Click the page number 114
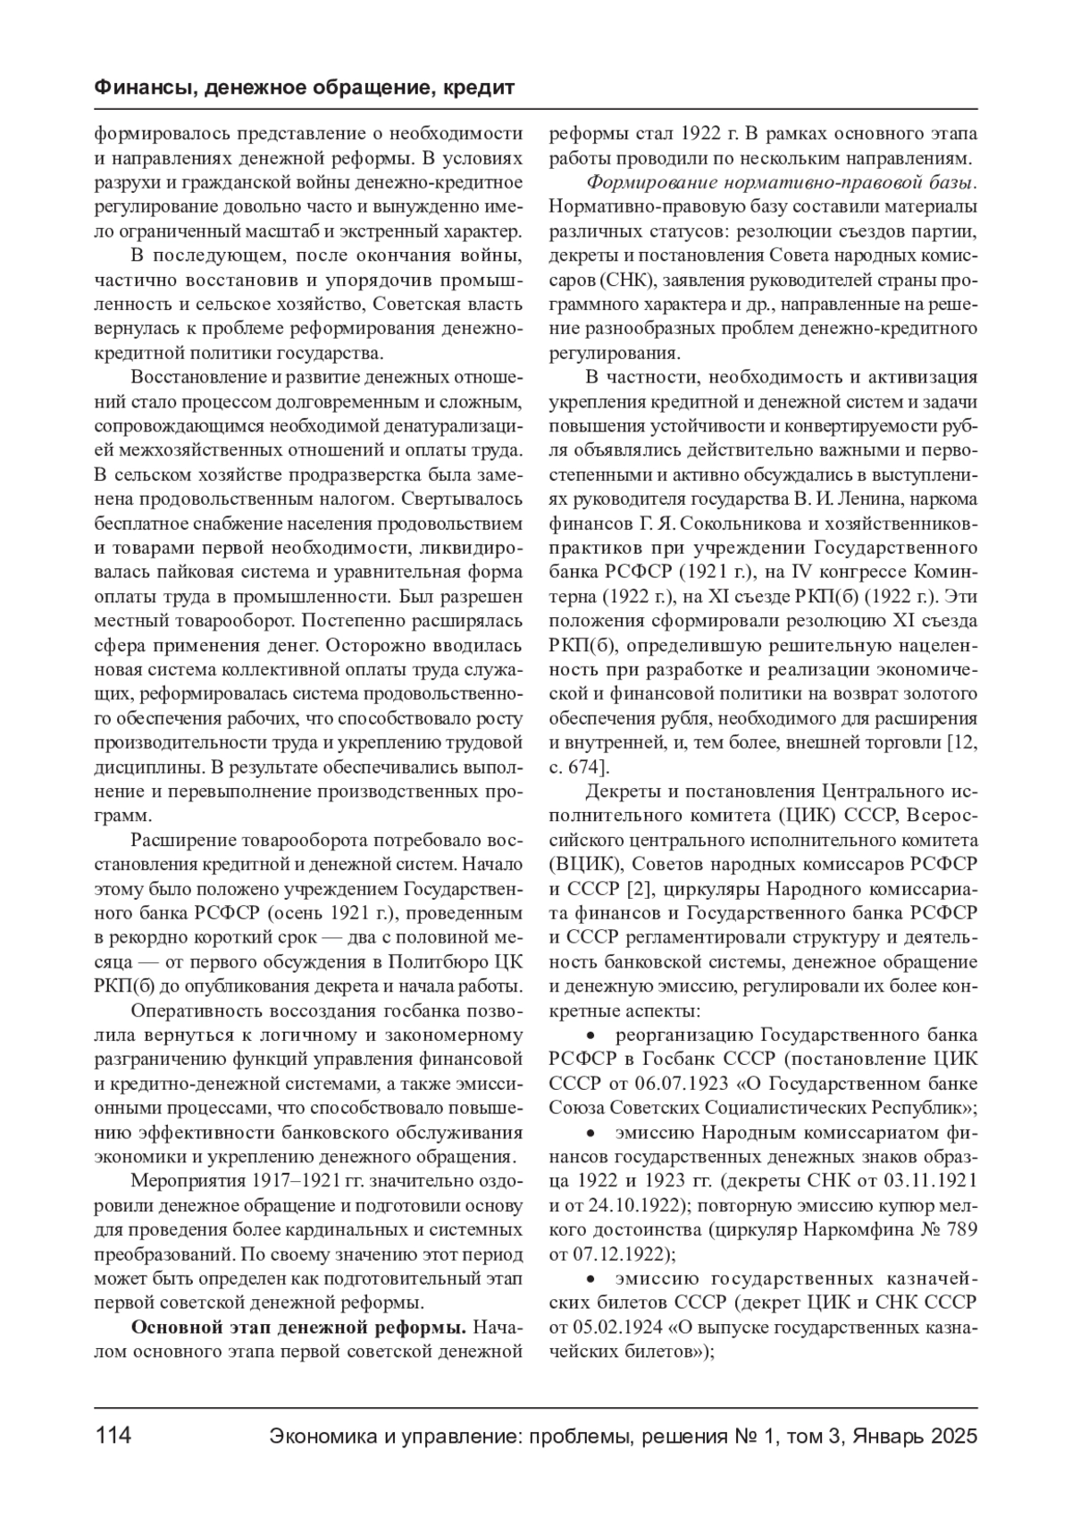pos(113,1437)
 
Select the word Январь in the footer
pos(886,1437)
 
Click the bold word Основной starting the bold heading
pos(175,1326)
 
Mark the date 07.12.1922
pos(617,1253)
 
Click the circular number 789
pos(961,1229)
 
